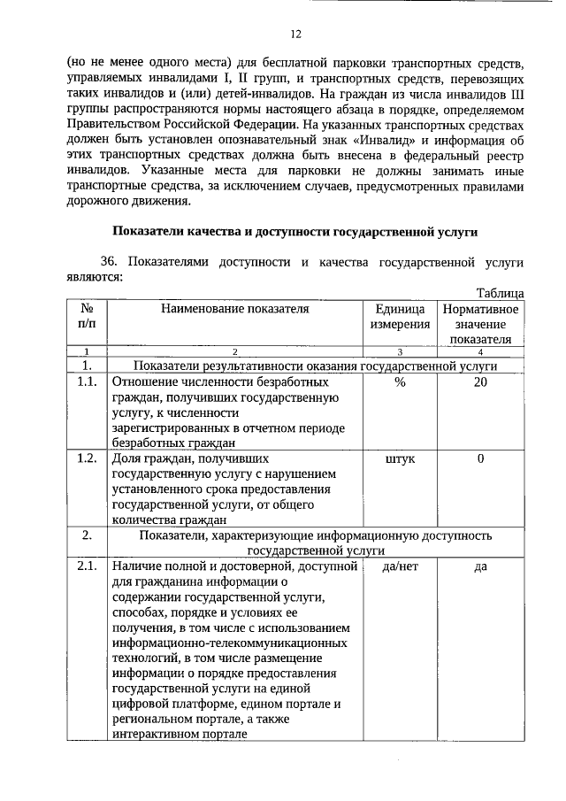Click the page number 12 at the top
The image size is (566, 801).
tap(295, 35)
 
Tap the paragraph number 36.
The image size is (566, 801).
tap(109, 262)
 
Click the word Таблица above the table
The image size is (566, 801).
tap(500, 293)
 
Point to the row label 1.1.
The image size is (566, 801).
tap(87, 381)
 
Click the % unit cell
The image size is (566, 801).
tap(400, 381)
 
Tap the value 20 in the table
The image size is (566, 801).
tap(480, 381)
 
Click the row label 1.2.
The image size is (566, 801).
tap(87, 458)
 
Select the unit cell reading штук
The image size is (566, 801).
tap(400, 458)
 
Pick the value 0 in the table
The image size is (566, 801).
tap(480, 458)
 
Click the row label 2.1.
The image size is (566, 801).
tap(87, 566)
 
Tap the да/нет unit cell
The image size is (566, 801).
tap(400, 566)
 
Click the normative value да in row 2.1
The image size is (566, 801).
tap(480, 566)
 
